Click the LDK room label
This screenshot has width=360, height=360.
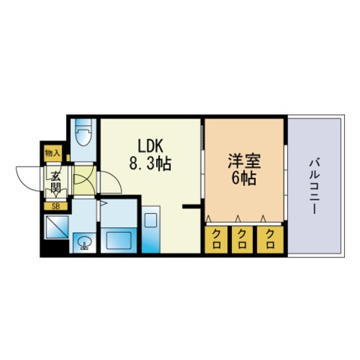click(x=151, y=146)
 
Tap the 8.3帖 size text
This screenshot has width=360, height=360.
click(x=150, y=163)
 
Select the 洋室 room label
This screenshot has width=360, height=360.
click(x=244, y=161)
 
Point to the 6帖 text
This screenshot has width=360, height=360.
click(x=244, y=178)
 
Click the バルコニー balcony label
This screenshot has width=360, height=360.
click(x=315, y=186)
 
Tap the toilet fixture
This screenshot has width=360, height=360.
click(x=83, y=132)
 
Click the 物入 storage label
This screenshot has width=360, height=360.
click(x=52, y=153)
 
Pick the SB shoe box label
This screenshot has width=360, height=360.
click(x=55, y=206)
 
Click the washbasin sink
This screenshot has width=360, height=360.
click(x=85, y=243)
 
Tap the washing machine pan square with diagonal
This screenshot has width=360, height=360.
click(x=57, y=227)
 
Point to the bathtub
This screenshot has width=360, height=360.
click(x=118, y=240)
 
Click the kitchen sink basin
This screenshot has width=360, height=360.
click(x=151, y=220)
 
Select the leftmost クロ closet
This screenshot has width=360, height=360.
click(x=216, y=239)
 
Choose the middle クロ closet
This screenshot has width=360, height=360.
click(x=242, y=239)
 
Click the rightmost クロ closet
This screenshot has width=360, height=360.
click(x=270, y=239)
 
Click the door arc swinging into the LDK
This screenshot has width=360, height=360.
click(x=116, y=178)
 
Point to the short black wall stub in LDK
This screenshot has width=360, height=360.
click(x=191, y=206)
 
